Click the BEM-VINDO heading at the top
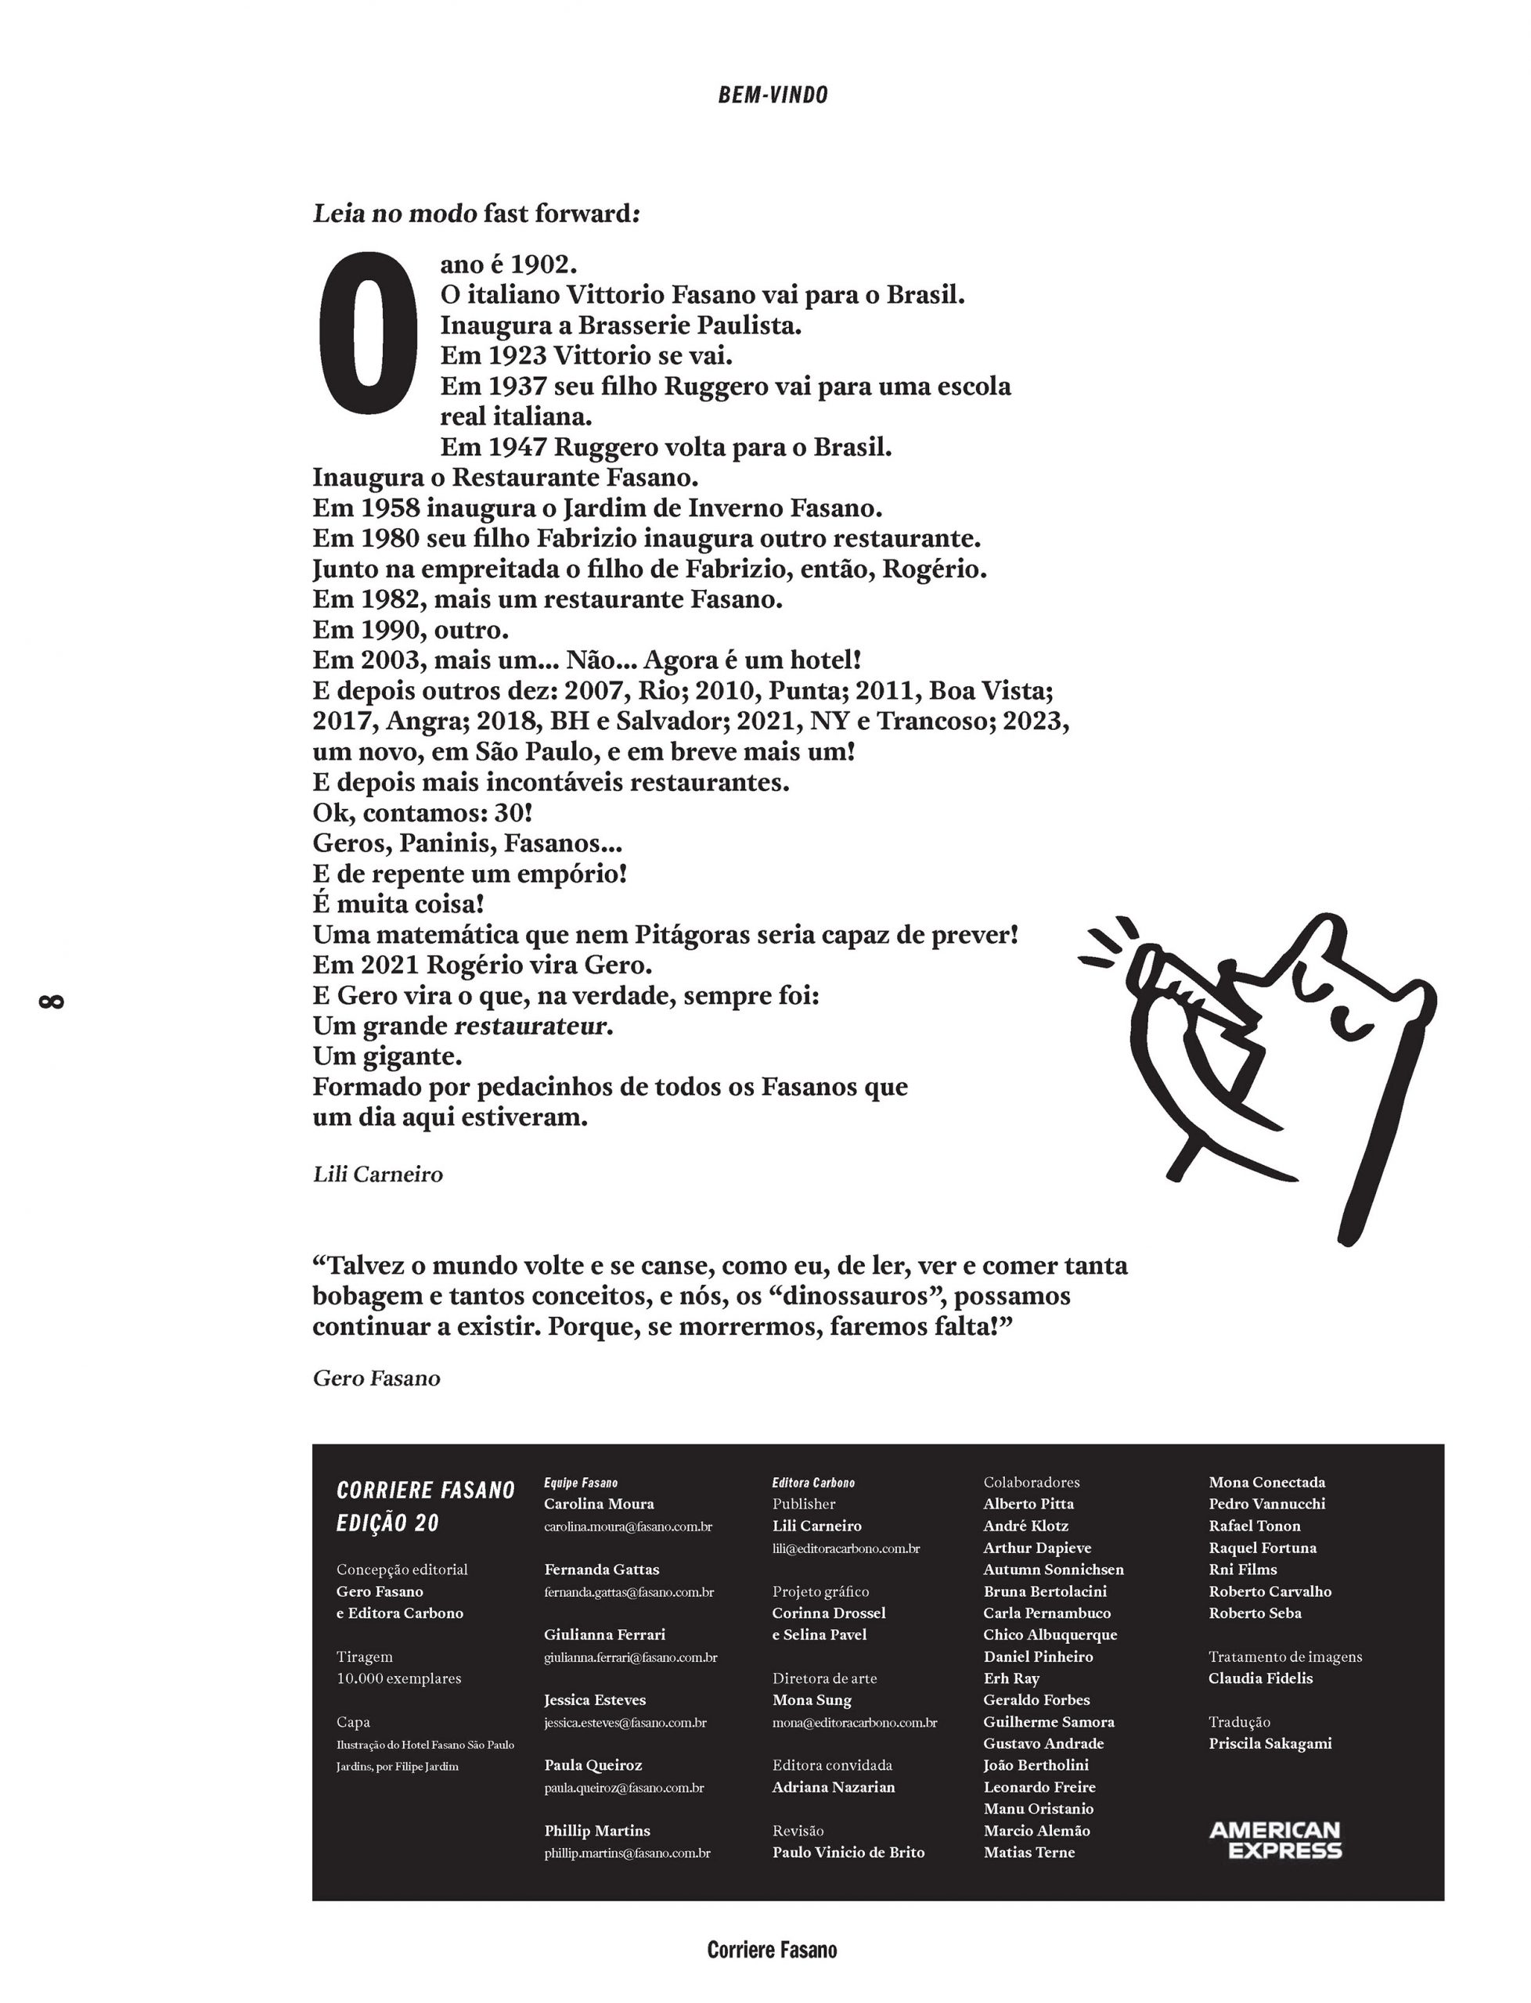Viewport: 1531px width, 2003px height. pyautogui.click(x=773, y=95)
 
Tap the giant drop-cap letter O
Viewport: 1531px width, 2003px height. pyautogui.click(x=366, y=333)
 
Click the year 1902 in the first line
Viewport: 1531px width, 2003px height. pyautogui.click(x=543, y=265)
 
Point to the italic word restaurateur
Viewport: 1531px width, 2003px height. pyautogui.click(x=531, y=1027)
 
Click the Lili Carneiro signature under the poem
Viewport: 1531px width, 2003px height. pyautogui.click(x=377, y=1175)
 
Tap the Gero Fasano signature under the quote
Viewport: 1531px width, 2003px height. pyautogui.click(x=376, y=1379)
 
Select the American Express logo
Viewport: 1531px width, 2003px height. pyautogui.click(x=1275, y=1840)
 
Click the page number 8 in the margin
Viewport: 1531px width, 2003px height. pyautogui.click(x=51, y=1002)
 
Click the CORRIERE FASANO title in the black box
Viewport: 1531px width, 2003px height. pyautogui.click(x=426, y=1491)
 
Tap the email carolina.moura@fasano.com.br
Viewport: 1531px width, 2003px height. pyautogui.click(x=628, y=1527)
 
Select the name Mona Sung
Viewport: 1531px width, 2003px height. pyautogui.click(x=812, y=1700)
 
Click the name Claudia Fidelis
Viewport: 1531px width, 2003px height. pyautogui.click(x=1260, y=1679)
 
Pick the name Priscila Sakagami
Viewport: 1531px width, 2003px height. pyautogui.click(x=1270, y=1743)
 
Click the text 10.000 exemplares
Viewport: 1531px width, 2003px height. pyautogui.click(x=399, y=1679)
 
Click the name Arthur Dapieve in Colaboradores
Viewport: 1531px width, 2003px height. pyautogui.click(x=1037, y=1548)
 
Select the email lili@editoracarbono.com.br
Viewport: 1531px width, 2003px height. pyautogui.click(x=845, y=1548)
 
